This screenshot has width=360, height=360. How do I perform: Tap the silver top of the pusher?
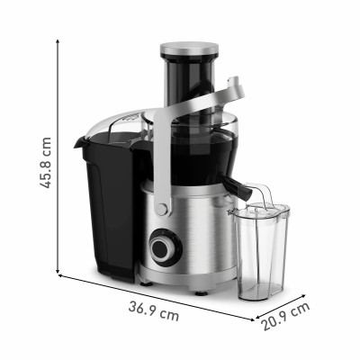(x=190, y=48)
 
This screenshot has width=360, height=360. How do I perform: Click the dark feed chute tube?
(x=190, y=85)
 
